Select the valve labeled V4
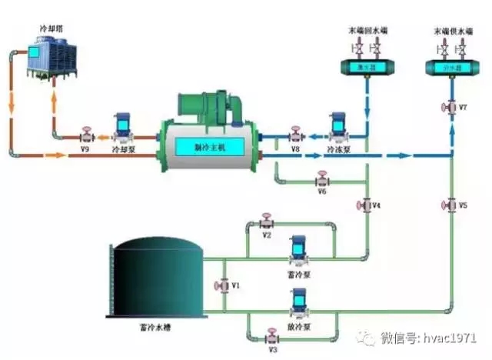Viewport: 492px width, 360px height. coord(364,205)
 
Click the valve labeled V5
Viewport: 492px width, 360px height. coord(450,205)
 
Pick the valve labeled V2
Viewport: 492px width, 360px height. coord(267,223)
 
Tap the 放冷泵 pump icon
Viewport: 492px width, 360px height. coord(297,302)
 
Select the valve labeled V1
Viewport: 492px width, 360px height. coord(224,285)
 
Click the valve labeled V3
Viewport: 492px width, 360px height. coord(271,336)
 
